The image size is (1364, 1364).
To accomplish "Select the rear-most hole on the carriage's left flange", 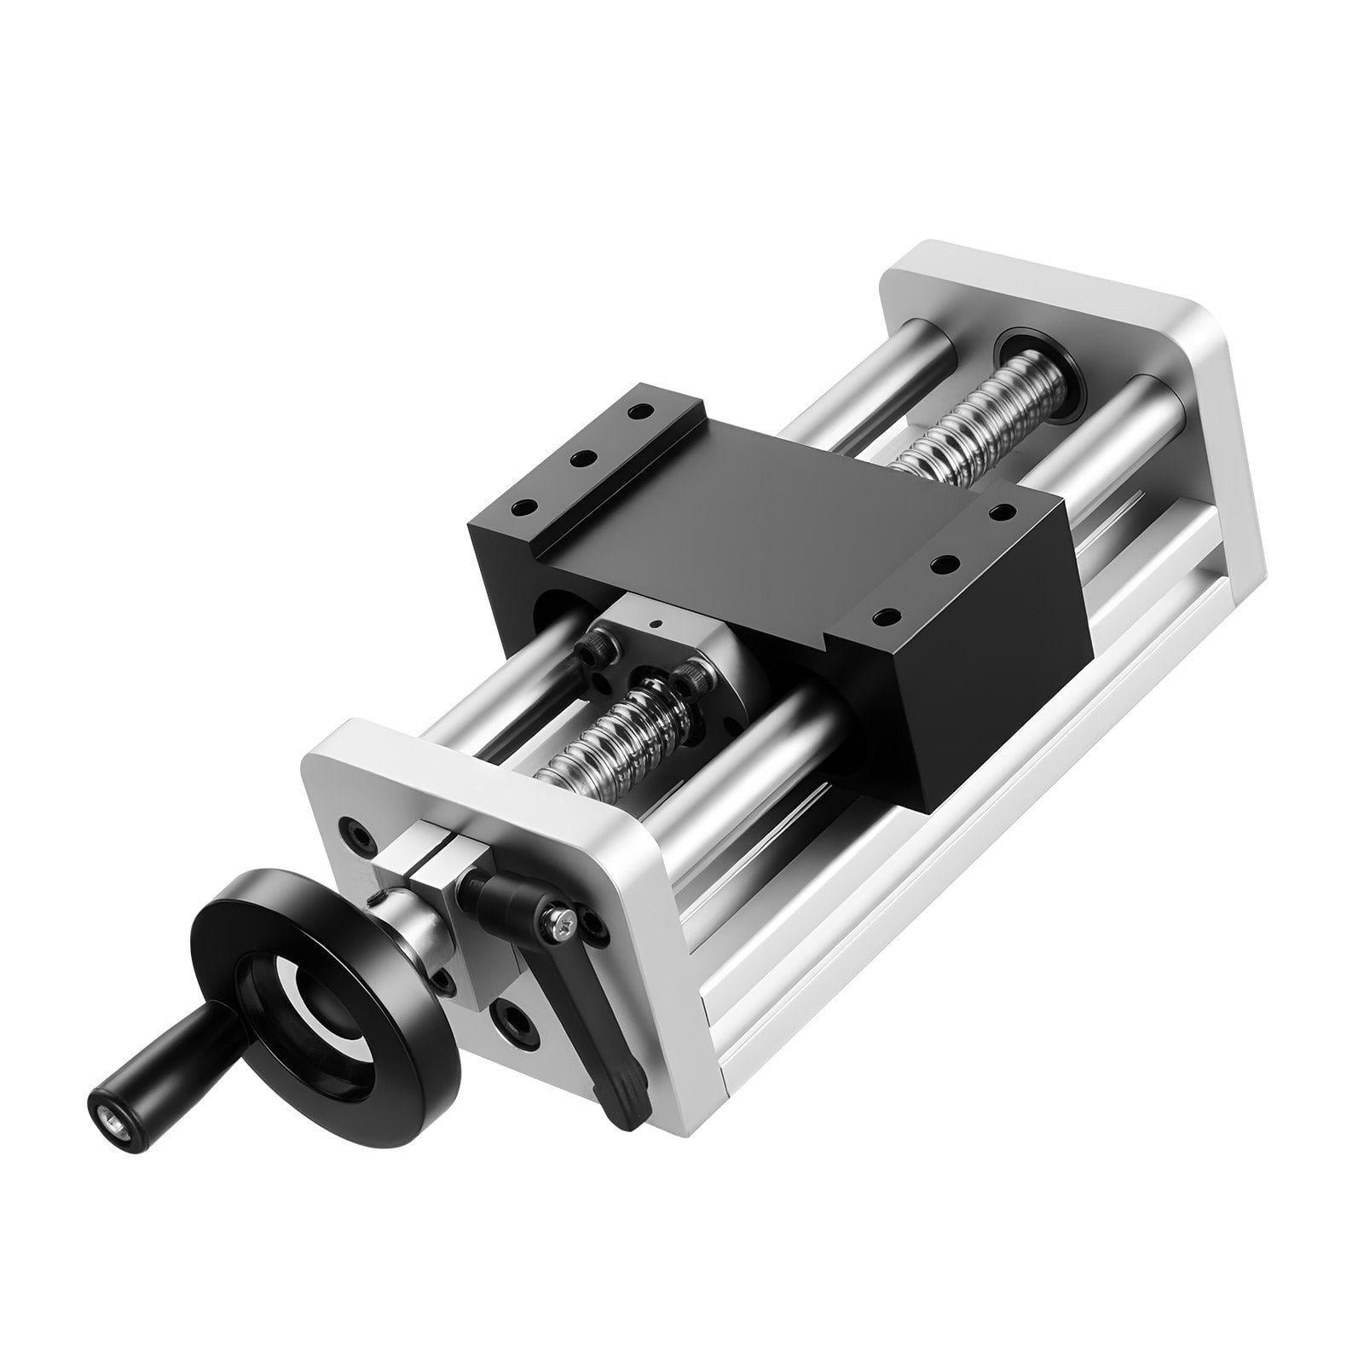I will [635, 412].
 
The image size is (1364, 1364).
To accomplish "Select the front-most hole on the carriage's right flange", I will [887, 616].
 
